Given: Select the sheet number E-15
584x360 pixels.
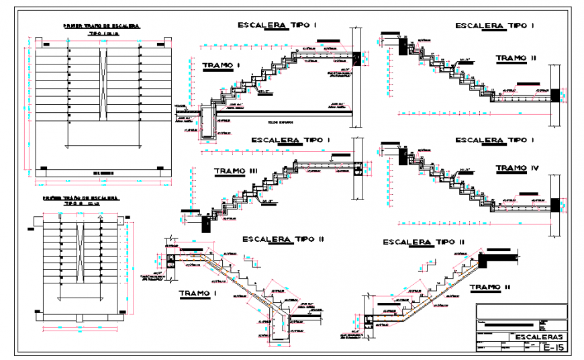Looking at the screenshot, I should (x=552, y=347).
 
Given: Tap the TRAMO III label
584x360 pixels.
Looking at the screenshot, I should (x=235, y=171).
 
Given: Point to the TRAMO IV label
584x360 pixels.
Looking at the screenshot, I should (x=516, y=168).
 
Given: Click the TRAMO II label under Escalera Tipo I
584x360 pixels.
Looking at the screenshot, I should (x=516, y=58).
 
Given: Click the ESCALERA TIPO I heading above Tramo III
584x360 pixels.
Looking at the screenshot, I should (x=291, y=140).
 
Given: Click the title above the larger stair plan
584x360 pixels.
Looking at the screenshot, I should (x=101, y=26).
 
